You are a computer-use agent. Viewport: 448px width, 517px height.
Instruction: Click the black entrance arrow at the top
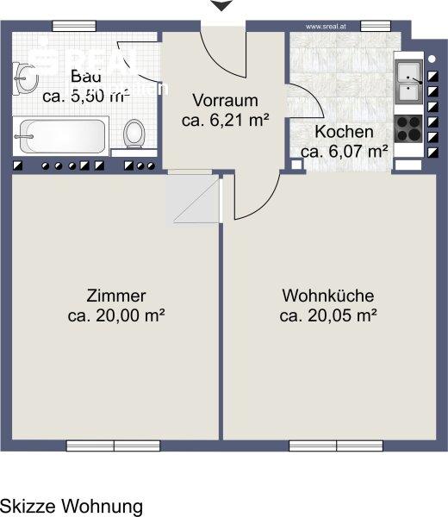pyautogui.click(x=222, y=6)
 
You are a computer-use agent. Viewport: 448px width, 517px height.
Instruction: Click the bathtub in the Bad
pyautogui.click(x=60, y=135)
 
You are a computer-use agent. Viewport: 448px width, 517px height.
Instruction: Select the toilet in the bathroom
pyautogui.click(x=134, y=134)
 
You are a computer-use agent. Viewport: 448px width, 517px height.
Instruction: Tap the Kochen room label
pyautogui.click(x=344, y=132)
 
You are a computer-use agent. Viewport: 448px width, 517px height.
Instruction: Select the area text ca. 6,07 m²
pyautogui.click(x=344, y=152)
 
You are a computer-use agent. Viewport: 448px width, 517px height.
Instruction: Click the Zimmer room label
pyautogui.click(x=115, y=295)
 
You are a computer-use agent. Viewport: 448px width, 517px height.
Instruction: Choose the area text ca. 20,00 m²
pyautogui.click(x=115, y=315)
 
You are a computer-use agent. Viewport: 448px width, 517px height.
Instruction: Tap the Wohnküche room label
pyautogui.click(x=327, y=295)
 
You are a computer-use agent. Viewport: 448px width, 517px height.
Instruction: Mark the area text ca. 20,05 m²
pyautogui.click(x=327, y=315)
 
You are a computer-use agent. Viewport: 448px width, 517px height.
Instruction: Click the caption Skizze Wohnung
pyautogui.click(x=72, y=505)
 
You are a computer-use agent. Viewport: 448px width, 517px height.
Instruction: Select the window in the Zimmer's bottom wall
pyautogui.click(x=113, y=445)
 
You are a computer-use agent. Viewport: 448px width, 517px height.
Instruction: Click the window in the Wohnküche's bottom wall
pyautogui.click(x=335, y=445)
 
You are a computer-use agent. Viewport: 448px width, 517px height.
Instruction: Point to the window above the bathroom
pyautogui.click(x=74, y=25)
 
